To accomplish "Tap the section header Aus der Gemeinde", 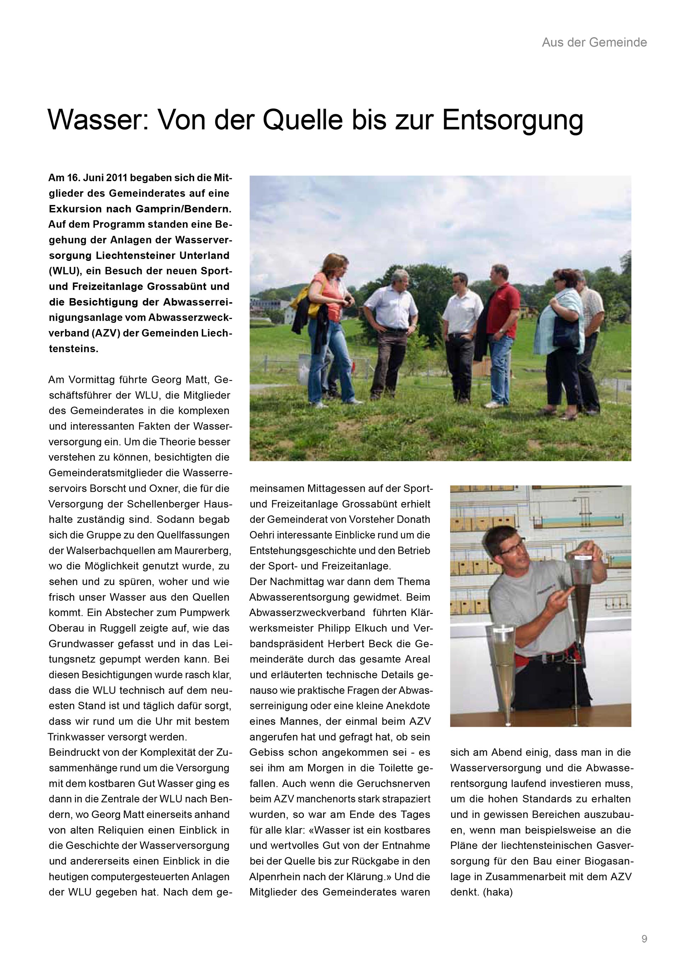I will [594, 42].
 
